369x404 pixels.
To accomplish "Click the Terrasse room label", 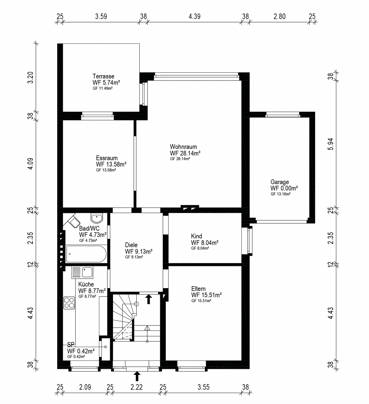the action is click(103, 76).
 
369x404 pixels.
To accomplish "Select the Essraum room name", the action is click(107, 158).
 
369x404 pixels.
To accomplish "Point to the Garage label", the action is click(280, 182).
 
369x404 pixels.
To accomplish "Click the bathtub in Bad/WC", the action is click(86, 254).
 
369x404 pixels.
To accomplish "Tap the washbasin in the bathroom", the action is click(97, 218).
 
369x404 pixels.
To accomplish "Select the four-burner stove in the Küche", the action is click(69, 303).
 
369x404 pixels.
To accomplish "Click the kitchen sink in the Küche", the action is click(82, 272).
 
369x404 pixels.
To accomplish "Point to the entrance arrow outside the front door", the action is click(137, 376).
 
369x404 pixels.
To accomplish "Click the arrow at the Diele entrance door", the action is click(149, 299).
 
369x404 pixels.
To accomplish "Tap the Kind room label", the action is click(197, 236).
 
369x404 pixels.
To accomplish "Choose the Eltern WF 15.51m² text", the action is click(206, 295).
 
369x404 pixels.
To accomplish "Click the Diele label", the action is click(131, 245).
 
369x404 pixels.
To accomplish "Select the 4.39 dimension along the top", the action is click(195, 16).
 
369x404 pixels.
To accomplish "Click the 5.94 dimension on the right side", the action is click(331, 144).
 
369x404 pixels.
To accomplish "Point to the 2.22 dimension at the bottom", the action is click(137, 387).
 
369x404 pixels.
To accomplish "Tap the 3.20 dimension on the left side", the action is click(30, 77).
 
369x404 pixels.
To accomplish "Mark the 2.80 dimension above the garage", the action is click(280, 16).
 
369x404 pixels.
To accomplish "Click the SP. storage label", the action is click(71, 344).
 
